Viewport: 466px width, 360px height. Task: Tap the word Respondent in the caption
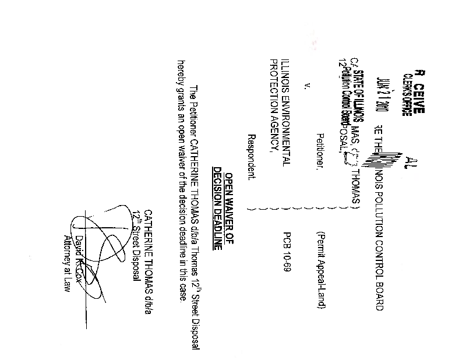pyautogui.click(x=251, y=156)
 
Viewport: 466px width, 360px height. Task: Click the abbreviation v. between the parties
pyautogui.click(x=307, y=87)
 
